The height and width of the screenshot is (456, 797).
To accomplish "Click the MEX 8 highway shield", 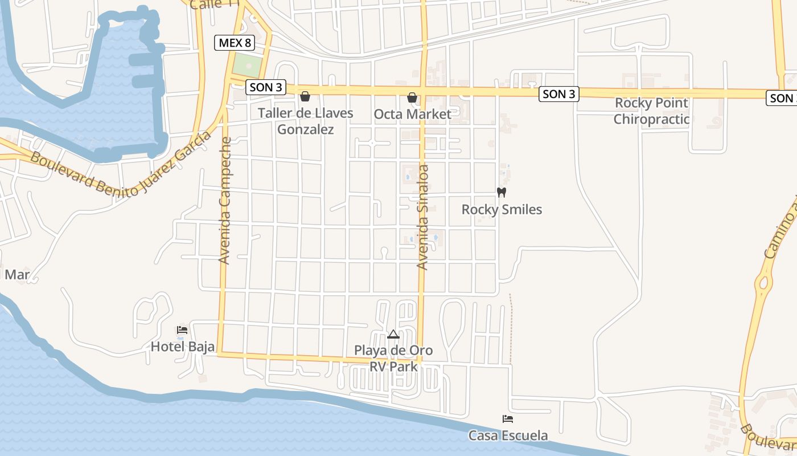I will click(x=234, y=43).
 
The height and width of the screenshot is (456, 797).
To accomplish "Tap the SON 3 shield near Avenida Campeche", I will click(x=266, y=88).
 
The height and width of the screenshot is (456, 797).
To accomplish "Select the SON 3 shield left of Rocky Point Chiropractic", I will click(x=558, y=94).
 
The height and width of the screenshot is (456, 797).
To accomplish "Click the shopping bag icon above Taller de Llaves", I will click(x=305, y=96).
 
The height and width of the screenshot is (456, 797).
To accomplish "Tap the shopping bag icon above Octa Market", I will click(x=412, y=98).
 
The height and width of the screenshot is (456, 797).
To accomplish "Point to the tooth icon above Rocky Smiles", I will click(x=502, y=193).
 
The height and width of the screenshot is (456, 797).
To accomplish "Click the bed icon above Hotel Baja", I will click(x=182, y=330).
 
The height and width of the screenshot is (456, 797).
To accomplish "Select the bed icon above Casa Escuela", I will click(x=508, y=419).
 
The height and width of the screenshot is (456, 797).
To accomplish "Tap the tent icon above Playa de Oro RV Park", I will click(x=393, y=334).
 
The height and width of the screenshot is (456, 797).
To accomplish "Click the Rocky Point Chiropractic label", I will click(x=651, y=111).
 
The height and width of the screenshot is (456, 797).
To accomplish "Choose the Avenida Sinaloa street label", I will click(x=422, y=217).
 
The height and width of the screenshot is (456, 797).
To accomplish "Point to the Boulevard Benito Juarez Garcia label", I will click(x=120, y=165).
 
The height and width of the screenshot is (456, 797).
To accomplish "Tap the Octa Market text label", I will click(x=412, y=114).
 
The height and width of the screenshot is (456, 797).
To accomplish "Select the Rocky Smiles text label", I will click(x=502, y=210).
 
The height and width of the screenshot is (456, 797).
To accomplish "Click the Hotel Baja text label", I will click(x=182, y=347).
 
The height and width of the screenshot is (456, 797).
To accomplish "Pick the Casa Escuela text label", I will click(x=508, y=435).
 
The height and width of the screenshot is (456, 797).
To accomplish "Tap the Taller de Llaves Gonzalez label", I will click(x=305, y=121).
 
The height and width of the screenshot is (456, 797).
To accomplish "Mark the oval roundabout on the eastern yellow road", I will click(x=762, y=282).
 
